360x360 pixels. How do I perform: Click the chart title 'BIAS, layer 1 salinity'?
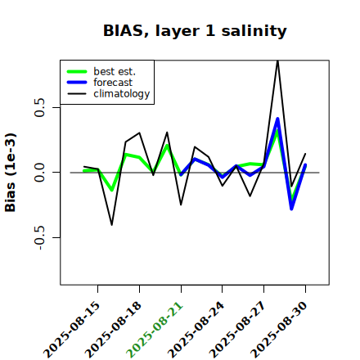pos(195,31)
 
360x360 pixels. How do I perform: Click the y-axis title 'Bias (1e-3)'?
pos(11,173)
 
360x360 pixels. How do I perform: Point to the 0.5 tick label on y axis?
pos(39,107)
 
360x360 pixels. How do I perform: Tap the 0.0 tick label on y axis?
pos(39,173)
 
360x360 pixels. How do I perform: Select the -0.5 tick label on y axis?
pos(39,238)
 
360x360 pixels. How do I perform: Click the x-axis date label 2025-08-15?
pos(72,330)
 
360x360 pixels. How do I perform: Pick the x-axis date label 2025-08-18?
pos(114,330)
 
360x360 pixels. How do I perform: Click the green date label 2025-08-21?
pos(155,330)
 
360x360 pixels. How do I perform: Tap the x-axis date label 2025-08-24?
pos(196,330)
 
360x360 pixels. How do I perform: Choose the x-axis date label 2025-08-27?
pos(238,330)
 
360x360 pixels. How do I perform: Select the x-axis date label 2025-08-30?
pos(279,330)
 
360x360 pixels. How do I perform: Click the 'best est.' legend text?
pos(115,71)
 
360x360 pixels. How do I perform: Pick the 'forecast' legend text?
pos(113,83)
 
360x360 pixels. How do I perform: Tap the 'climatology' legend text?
pos(122,94)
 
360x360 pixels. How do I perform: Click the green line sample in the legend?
pos(77,71)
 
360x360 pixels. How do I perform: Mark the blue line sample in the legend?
pos(77,83)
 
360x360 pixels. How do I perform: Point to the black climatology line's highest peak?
pos(277,61)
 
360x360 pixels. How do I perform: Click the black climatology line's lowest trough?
pos(112,225)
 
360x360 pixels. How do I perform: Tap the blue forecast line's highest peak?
pos(277,119)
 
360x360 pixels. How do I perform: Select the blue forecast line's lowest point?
pos(291,209)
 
